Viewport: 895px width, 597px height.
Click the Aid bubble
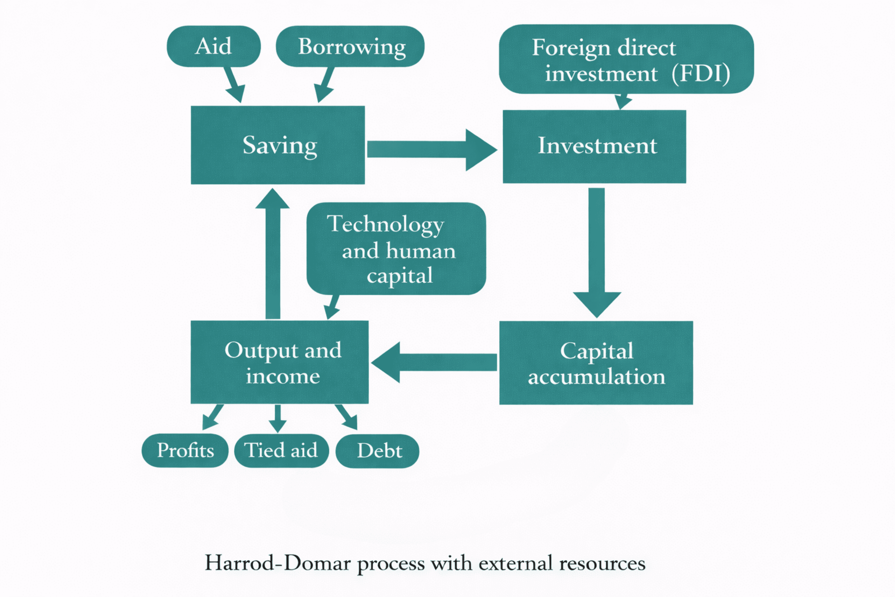pos(213,46)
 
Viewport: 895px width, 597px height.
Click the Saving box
pos(278,145)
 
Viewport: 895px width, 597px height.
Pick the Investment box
pos(594,147)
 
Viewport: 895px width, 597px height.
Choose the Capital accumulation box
pos(596,363)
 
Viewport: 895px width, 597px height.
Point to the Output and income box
pos(279,362)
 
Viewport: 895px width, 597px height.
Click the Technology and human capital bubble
pos(396,248)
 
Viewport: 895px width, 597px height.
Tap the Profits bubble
pos(185,450)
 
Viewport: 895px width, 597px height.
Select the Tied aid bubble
pos(281,450)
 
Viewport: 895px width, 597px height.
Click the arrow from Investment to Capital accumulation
pos(596,251)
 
